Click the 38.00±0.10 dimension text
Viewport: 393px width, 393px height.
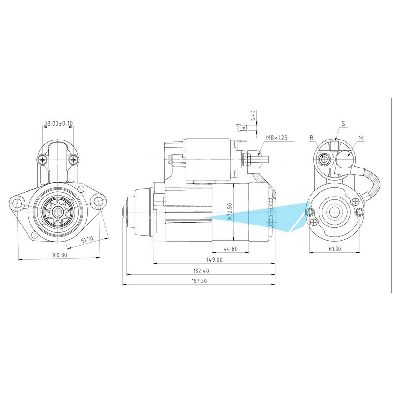click(x=58, y=123)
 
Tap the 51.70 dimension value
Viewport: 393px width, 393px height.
click(x=87, y=240)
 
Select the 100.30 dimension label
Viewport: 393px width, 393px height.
click(x=59, y=255)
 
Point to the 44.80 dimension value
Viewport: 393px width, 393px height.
click(x=230, y=249)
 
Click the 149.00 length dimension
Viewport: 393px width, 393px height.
click(x=214, y=260)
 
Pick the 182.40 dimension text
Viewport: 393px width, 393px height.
click(x=201, y=271)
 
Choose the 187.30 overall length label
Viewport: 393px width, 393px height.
click(x=199, y=281)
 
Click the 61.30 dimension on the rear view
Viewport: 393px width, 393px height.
click(x=335, y=249)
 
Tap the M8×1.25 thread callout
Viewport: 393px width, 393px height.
click(x=277, y=138)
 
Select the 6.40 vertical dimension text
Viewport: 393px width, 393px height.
click(x=253, y=116)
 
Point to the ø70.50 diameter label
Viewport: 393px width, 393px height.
click(x=230, y=212)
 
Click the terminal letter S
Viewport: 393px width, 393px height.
click(x=343, y=123)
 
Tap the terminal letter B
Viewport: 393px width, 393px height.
click(x=312, y=138)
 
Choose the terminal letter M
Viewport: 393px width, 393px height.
click(x=361, y=138)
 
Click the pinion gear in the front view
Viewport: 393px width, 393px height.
click(x=57, y=212)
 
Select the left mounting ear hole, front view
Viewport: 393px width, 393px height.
click(x=17, y=202)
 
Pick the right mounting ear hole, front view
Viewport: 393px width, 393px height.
click(x=98, y=201)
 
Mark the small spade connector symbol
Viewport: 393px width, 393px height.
click(x=243, y=128)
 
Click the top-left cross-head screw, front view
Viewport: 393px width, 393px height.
click(x=43, y=159)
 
